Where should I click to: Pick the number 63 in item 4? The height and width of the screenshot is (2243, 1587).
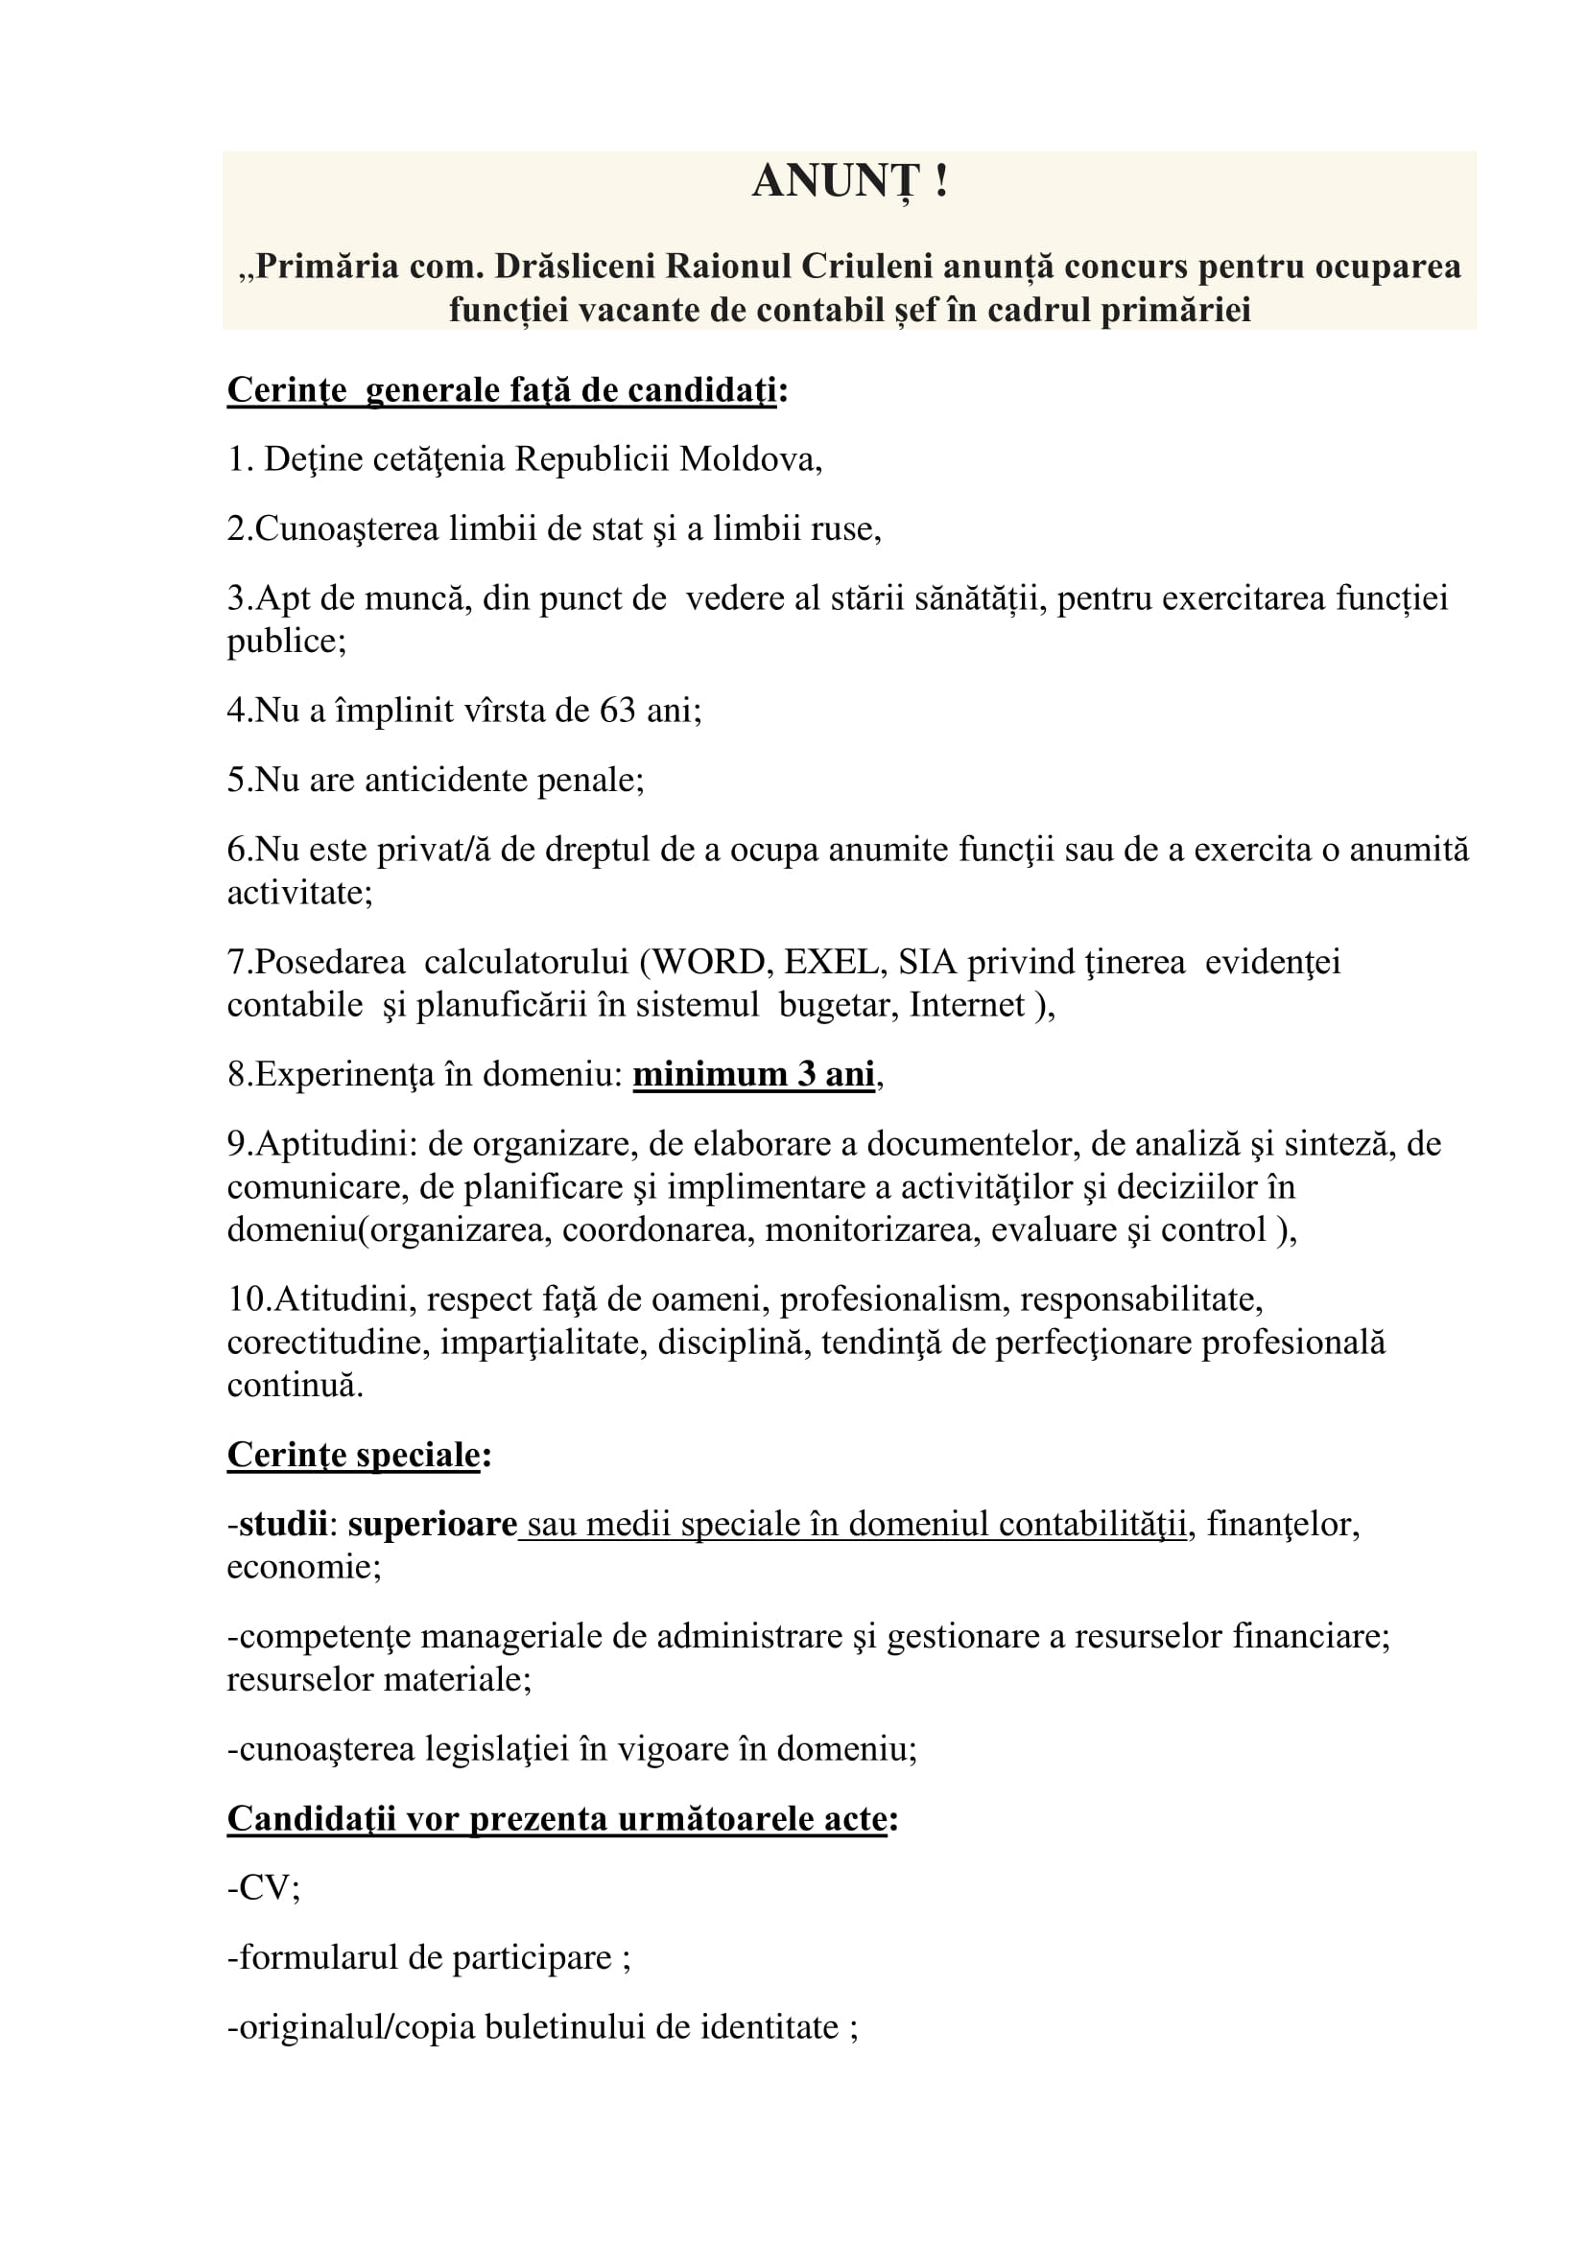tap(618, 711)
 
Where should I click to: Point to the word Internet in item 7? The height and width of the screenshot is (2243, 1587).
tap(966, 1005)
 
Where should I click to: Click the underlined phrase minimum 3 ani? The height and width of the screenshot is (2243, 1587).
tap(753, 1075)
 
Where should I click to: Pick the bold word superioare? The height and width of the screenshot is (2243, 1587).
tap(432, 1525)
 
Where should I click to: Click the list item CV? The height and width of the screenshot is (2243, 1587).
tap(264, 1888)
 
